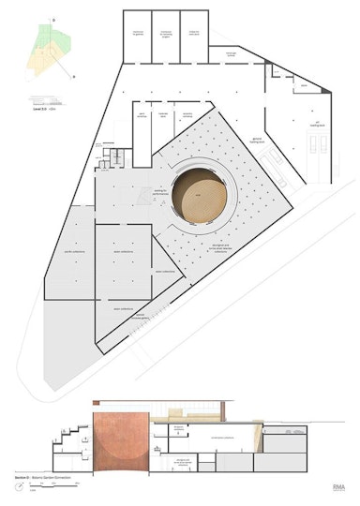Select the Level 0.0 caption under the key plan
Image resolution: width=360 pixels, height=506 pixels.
click(42, 110)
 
